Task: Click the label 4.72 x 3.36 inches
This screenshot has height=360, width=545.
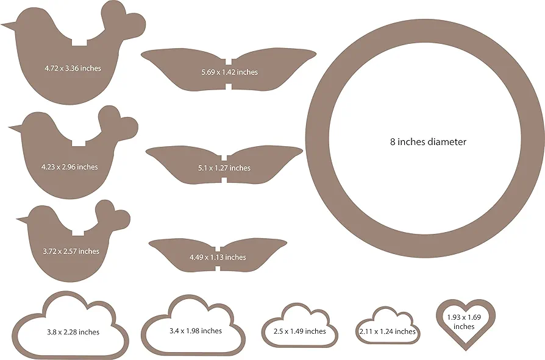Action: tap(73, 68)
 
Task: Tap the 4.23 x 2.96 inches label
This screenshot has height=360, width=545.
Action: tap(69, 166)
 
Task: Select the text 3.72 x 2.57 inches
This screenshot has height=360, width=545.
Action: tap(71, 251)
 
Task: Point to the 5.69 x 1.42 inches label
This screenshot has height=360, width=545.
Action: tap(229, 72)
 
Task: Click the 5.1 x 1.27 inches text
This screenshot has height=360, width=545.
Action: tap(224, 168)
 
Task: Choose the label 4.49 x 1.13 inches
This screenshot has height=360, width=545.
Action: tap(218, 257)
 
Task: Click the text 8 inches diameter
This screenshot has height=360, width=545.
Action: tap(428, 141)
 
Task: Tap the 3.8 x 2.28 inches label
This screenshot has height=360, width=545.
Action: tap(73, 332)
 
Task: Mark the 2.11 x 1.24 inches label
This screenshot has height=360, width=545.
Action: tap(387, 331)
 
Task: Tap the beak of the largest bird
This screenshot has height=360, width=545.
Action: tap(7, 26)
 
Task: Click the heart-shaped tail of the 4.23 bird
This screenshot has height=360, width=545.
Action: tap(119, 120)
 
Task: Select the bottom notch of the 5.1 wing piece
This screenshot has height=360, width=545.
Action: tap(224, 179)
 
